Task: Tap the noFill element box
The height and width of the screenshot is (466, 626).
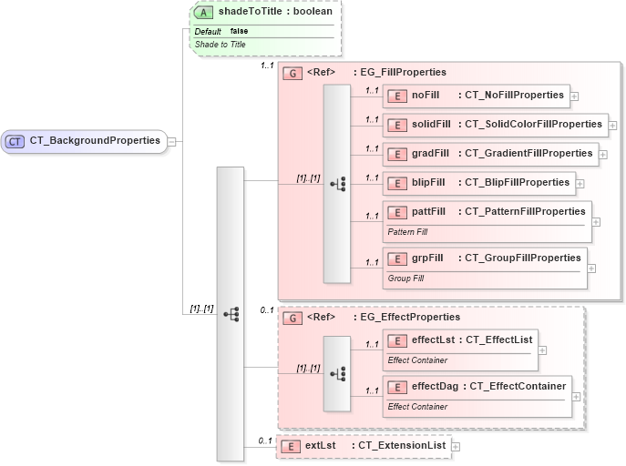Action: (x=475, y=95)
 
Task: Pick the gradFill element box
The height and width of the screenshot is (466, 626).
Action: (x=488, y=153)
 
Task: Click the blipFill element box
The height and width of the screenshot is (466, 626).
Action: (x=478, y=182)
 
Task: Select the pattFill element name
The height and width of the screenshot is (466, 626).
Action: (x=428, y=211)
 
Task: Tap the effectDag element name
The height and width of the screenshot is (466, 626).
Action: (x=435, y=387)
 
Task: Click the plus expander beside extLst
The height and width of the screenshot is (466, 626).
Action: (x=456, y=447)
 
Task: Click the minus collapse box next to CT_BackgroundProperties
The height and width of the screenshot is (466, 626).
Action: (x=171, y=141)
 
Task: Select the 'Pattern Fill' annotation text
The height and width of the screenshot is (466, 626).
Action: (x=408, y=232)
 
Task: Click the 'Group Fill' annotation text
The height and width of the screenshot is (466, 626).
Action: (x=405, y=278)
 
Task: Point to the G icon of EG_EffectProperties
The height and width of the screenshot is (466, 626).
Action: (x=292, y=318)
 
